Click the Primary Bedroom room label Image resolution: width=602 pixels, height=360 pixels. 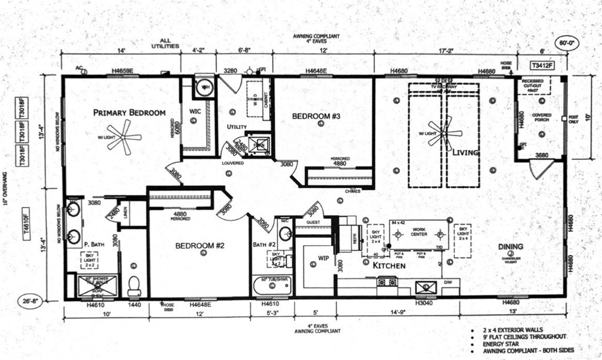point(129,112)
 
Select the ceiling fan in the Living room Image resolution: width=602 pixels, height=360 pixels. point(444,131)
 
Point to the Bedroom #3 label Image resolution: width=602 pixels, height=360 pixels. point(316,116)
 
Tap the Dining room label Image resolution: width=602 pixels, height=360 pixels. point(510,246)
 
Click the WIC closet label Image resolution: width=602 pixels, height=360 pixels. point(195,111)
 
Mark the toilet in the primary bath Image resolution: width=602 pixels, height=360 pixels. point(134,285)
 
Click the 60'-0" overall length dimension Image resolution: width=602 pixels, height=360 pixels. point(567,42)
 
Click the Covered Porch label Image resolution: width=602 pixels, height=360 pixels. point(541,118)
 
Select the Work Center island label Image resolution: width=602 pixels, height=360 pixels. point(419,232)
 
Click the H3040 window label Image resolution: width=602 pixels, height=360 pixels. point(424,304)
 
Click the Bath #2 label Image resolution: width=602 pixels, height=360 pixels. point(265,244)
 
